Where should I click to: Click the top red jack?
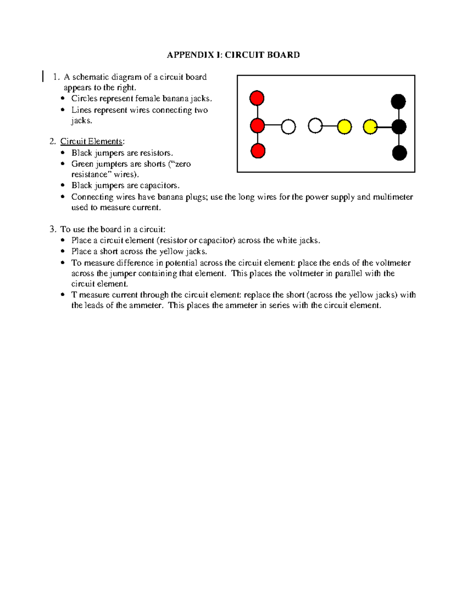coord(257,98)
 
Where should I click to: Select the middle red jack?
coord(257,126)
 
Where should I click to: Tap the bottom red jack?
coord(258,151)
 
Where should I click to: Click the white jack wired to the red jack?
coord(288,127)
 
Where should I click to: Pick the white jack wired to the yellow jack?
coord(315,126)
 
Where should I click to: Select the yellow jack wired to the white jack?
coord(344,127)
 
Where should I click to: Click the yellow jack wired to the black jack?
coord(370,127)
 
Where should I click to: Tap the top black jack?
coord(399,102)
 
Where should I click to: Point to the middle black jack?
coord(399,127)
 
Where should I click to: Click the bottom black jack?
coord(399,153)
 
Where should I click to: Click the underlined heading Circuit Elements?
coord(91,141)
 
